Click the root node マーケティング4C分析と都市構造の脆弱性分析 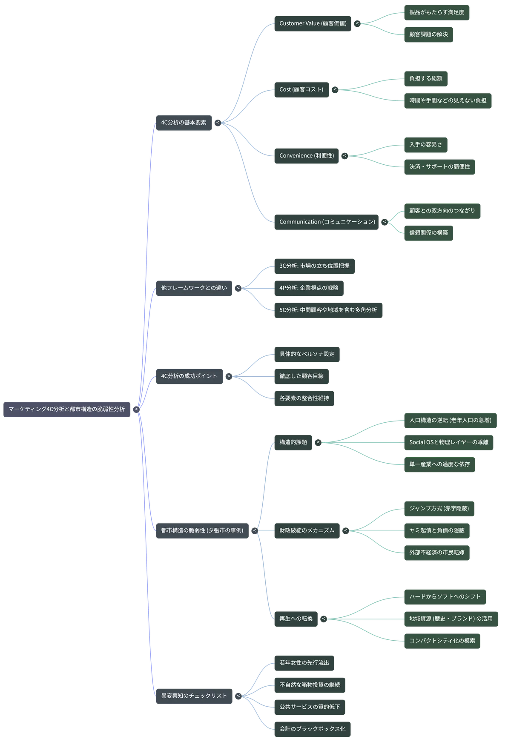[x=67, y=409]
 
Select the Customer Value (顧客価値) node [x=313, y=23]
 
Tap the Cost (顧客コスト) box [x=301, y=90]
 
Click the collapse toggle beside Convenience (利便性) [x=345, y=156]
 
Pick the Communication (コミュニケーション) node [x=327, y=222]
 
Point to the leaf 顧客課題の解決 [x=428, y=34]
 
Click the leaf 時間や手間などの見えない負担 [x=448, y=101]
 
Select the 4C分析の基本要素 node [x=184, y=123]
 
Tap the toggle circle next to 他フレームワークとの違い [x=238, y=288]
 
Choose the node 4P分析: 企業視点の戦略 [x=309, y=288]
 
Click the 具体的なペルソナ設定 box [x=307, y=354]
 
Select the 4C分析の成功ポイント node [x=189, y=376]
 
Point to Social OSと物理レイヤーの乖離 [x=449, y=443]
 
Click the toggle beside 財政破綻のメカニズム [x=346, y=531]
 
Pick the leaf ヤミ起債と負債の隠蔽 [x=437, y=531]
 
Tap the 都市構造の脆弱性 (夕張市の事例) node [x=202, y=531]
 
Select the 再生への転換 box [x=296, y=619]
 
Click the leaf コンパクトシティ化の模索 [x=442, y=641]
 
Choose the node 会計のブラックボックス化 [x=312, y=729]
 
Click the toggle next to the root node [x=136, y=410]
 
